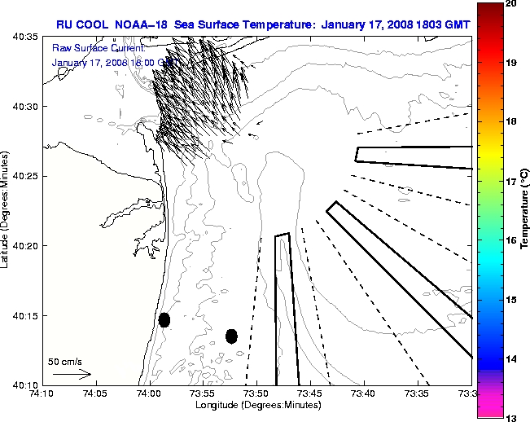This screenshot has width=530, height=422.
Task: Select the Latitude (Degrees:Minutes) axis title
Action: pos(7,210)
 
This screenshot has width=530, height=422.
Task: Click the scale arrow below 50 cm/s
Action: pos(72,374)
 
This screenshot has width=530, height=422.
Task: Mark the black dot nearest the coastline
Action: pos(164,319)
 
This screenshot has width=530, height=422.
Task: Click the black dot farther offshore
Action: pos(231,336)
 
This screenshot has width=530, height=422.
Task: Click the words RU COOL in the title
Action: pos(81,23)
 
